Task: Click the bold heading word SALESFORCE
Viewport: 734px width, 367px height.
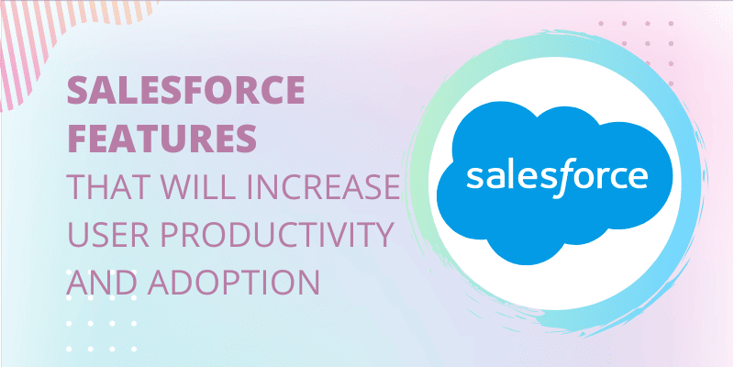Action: point(186,90)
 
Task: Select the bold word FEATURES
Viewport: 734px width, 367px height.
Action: point(162,139)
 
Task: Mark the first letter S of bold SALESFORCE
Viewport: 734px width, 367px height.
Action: point(78,90)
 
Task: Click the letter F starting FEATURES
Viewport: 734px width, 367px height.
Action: point(78,139)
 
